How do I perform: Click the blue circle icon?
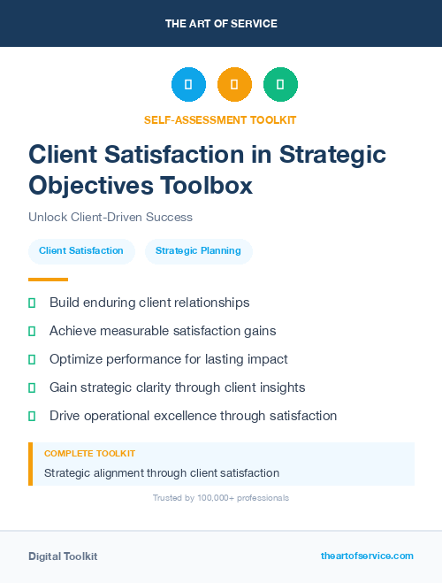(188, 85)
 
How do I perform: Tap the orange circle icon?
(234, 85)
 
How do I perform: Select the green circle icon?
(280, 85)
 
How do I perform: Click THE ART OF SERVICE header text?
(221, 24)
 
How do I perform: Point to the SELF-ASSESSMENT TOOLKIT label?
(221, 119)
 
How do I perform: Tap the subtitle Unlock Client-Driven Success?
(110, 217)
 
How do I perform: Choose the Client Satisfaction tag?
(81, 250)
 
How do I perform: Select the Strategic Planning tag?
(198, 250)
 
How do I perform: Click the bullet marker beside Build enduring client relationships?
(32, 303)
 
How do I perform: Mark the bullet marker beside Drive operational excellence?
(32, 416)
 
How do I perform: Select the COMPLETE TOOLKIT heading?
(89, 453)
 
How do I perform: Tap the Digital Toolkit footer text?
(63, 556)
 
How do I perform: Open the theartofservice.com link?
(367, 556)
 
